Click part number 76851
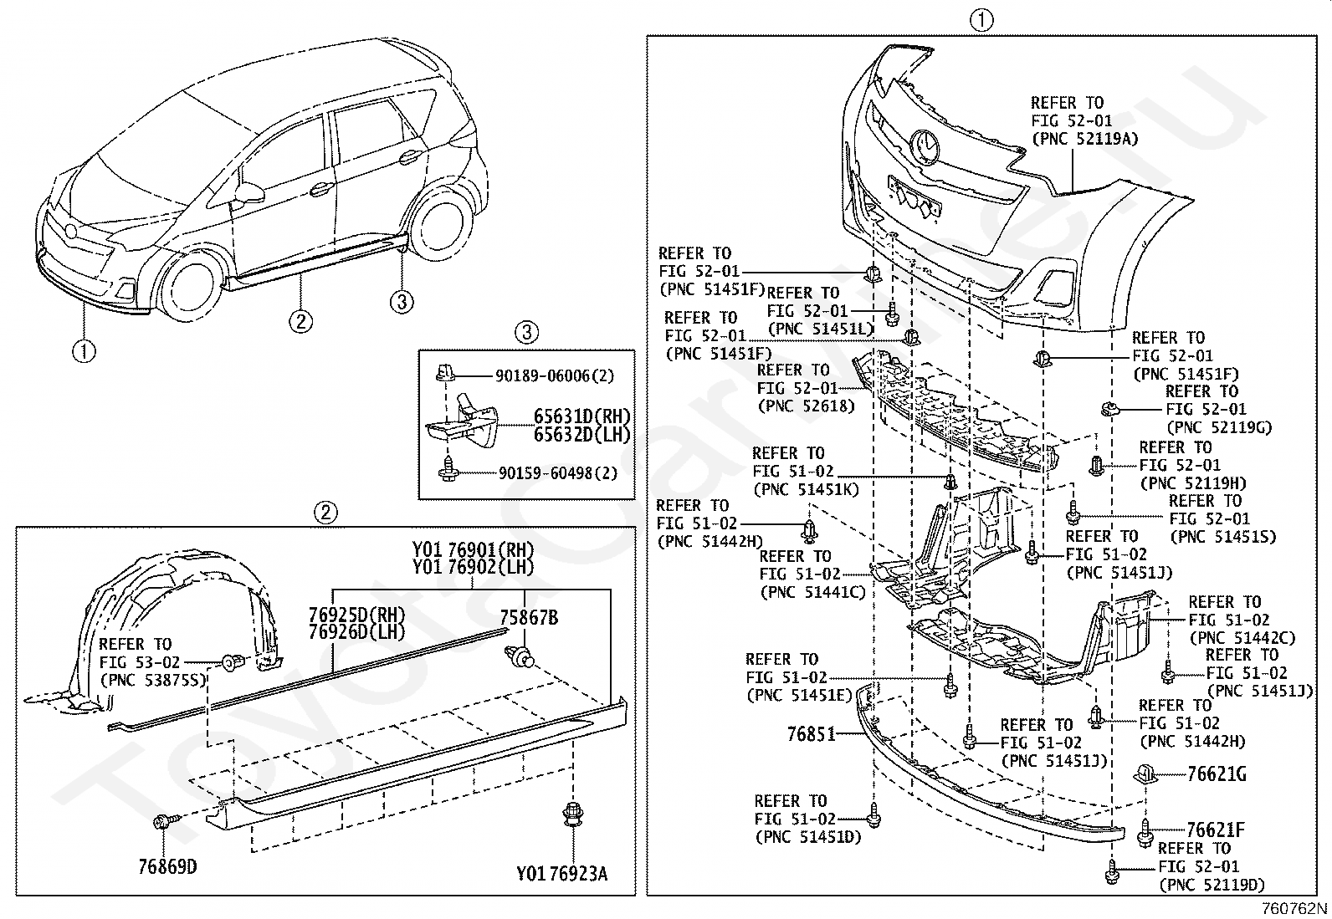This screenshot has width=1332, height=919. click(x=811, y=733)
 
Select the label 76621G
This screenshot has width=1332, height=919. click(x=1216, y=774)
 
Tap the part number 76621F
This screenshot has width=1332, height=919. click(x=1215, y=830)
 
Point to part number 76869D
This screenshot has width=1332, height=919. click(x=167, y=866)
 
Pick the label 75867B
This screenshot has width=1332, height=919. click(x=529, y=618)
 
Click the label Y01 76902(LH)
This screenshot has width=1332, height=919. click(x=473, y=566)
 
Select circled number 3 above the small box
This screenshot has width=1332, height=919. click(x=525, y=333)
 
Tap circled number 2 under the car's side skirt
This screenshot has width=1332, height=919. click(x=301, y=320)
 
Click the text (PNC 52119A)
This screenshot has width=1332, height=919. click(x=1084, y=139)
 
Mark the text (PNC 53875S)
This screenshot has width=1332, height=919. click(x=153, y=680)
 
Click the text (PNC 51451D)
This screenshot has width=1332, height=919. click(x=807, y=836)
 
